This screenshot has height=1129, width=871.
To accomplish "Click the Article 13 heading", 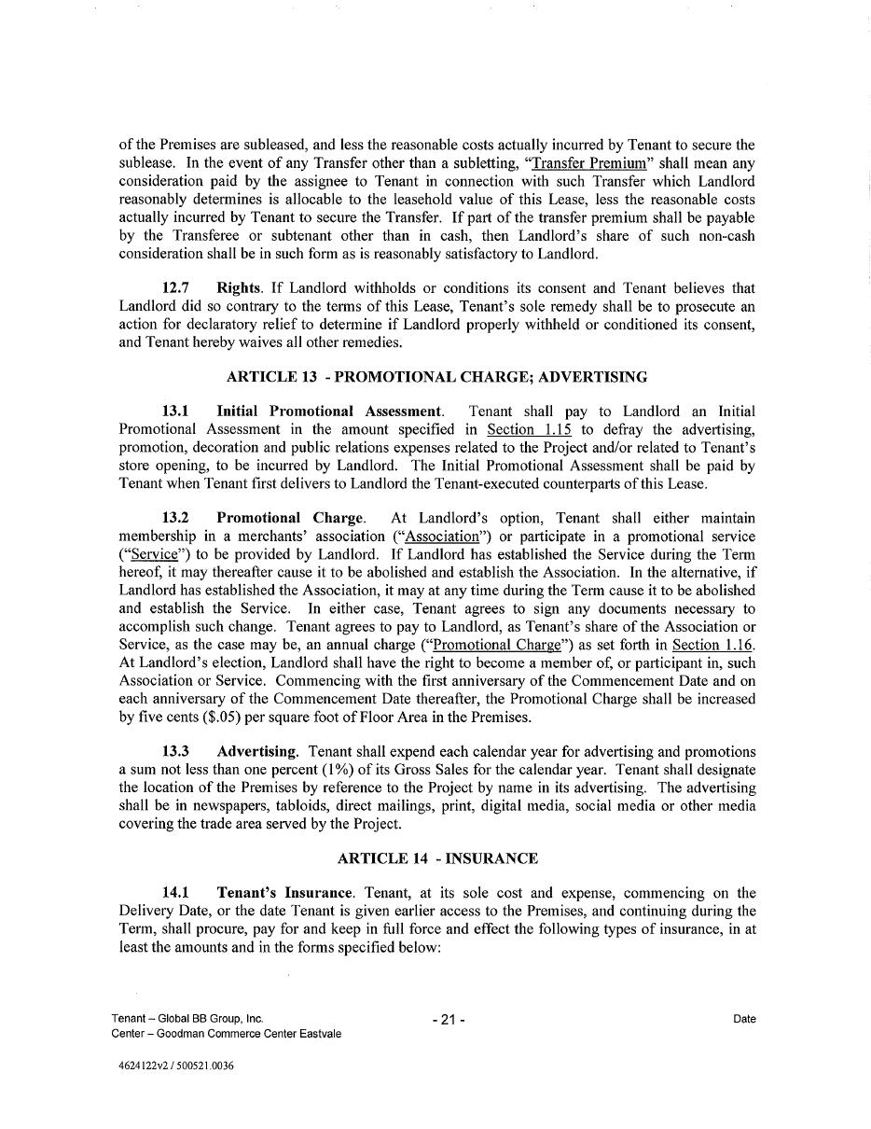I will (436, 377).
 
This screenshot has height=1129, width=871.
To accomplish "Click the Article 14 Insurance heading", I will (436, 858).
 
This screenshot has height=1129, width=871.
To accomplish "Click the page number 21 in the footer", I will (449, 1020).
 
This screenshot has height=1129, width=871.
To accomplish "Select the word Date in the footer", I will (744, 1019).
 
